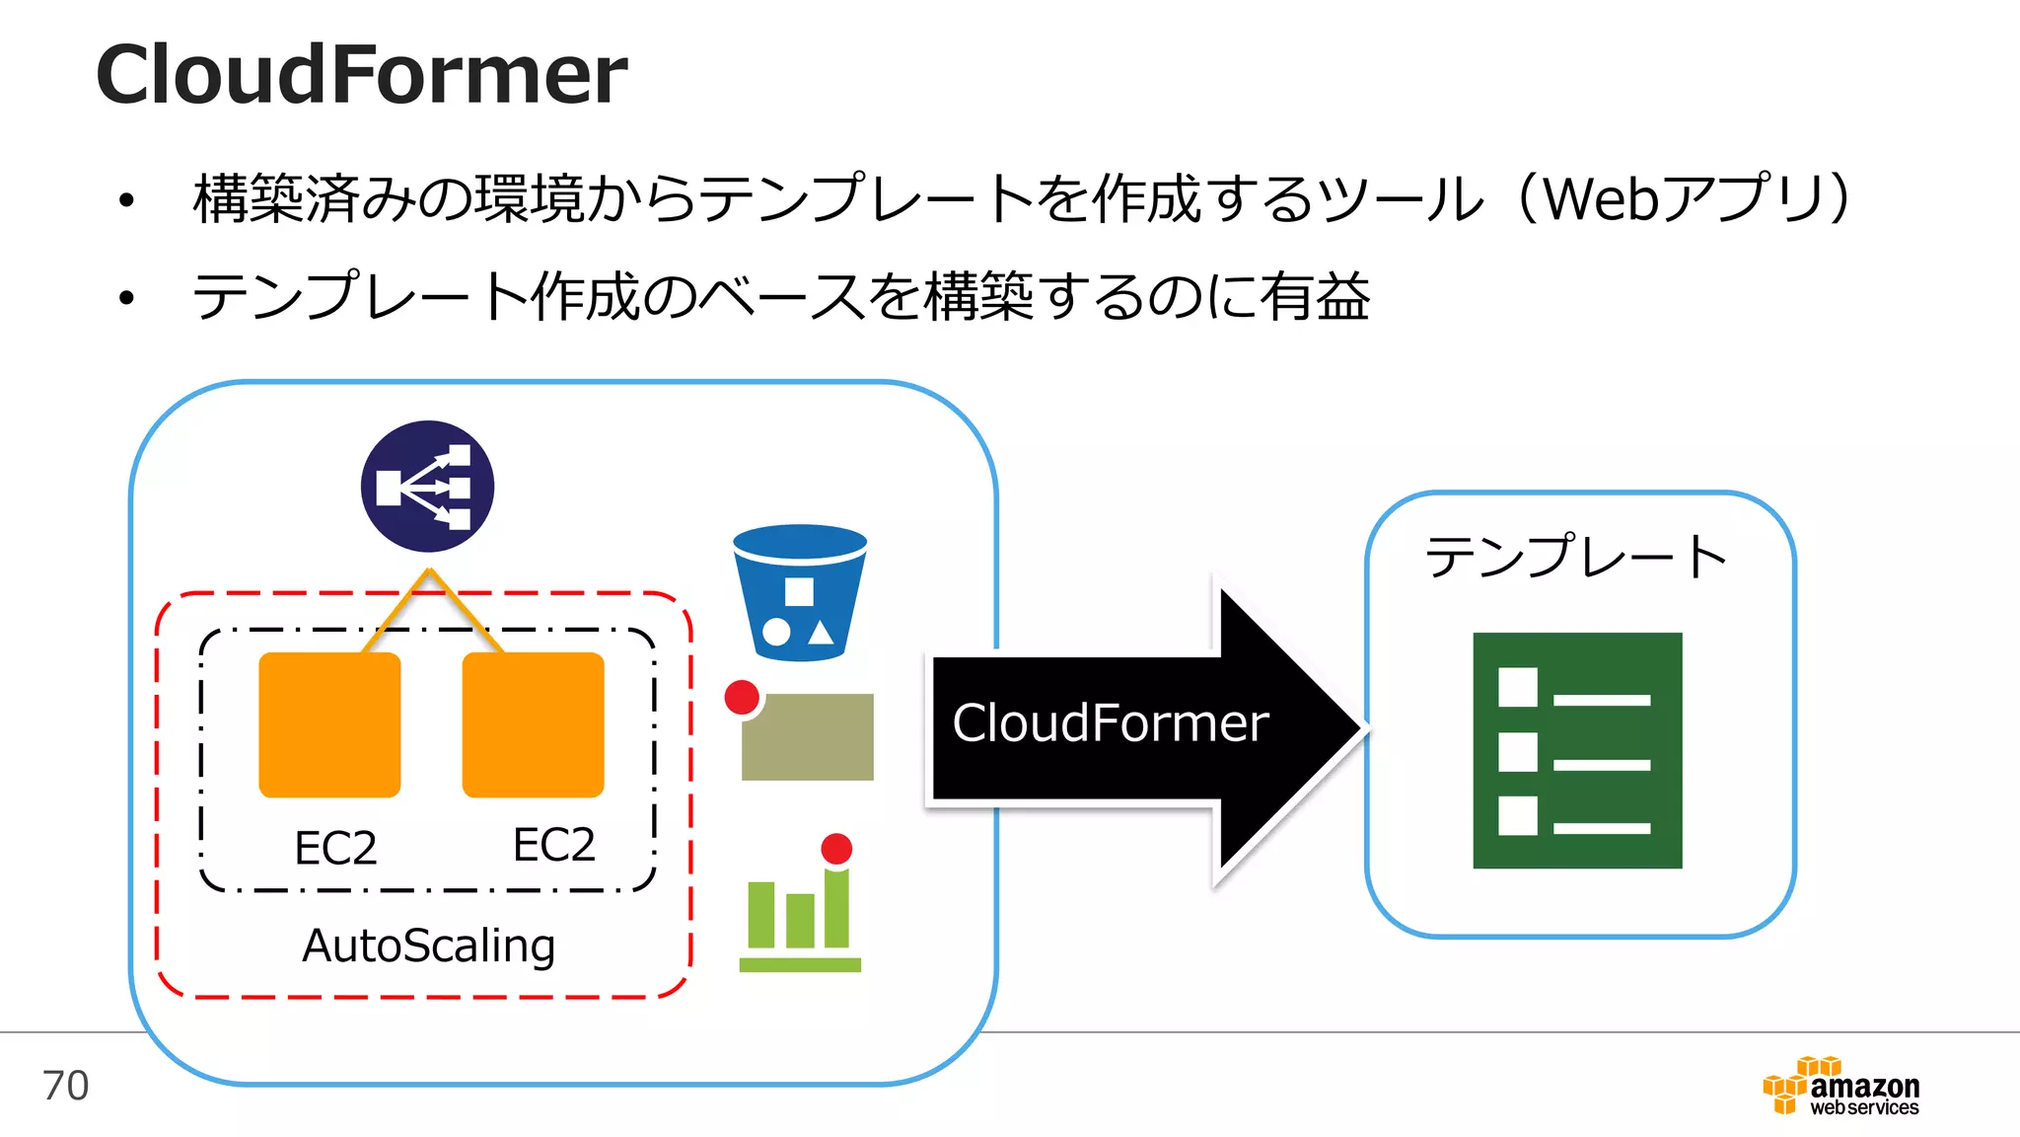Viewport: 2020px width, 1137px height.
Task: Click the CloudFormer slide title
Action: pyautogui.click(x=361, y=75)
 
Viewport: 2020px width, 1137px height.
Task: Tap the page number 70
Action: pyautogui.click(x=66, y=1086)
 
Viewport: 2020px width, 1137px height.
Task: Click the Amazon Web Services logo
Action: pyautogui.click(x=1840, y=1088)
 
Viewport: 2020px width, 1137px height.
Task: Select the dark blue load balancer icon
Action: pyautogui.click(x=427, y=487)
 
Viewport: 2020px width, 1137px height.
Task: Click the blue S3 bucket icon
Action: pyautogui.click(x=800, y=592)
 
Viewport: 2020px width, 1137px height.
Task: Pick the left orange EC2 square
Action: pyautogui.click(x=329, y=724)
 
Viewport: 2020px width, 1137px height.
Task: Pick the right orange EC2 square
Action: pyautogui.click(x=533, y=724)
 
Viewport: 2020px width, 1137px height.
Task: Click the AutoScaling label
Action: pyautogui.click(x=428, y=946)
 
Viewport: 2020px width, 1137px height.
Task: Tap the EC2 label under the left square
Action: pyautogui.click(x=335, y=848)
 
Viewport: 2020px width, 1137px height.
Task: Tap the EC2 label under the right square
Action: pyautogui.click(x=553, y=845)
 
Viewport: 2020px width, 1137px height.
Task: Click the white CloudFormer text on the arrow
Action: pyautogui.click(x=1110, y=723)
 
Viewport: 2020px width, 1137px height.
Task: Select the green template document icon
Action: pyautogui.click(x=1576, y=750)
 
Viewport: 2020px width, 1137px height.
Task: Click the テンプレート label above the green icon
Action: pyautogui.click(x=1575, y=557)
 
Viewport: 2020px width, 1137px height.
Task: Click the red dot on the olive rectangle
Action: pyautogui.click(x=742, y=697)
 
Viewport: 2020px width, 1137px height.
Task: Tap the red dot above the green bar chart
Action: pyautogui.click(x=836, y=849)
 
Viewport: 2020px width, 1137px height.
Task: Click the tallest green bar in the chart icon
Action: pyautogui.click(x=836, y=908)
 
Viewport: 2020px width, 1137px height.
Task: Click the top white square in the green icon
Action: pyautogui.click(x=1517, y=687)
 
